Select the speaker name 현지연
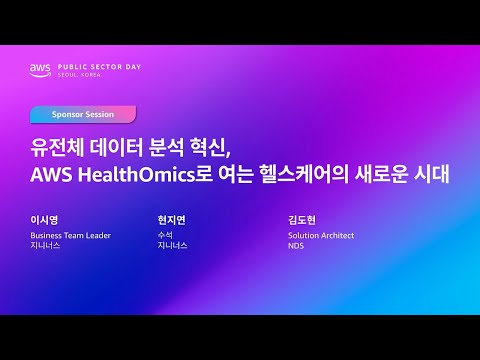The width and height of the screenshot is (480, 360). click(x=171, y=220)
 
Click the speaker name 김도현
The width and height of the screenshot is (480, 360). click(x=300, y=220)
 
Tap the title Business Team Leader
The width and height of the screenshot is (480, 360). click(x=70, y=235)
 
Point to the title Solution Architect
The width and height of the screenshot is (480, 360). click(x=321, y=235)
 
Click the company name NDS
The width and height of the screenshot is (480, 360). click(x=296, y=245)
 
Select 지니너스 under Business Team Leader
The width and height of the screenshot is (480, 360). click(x=45, y=245)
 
